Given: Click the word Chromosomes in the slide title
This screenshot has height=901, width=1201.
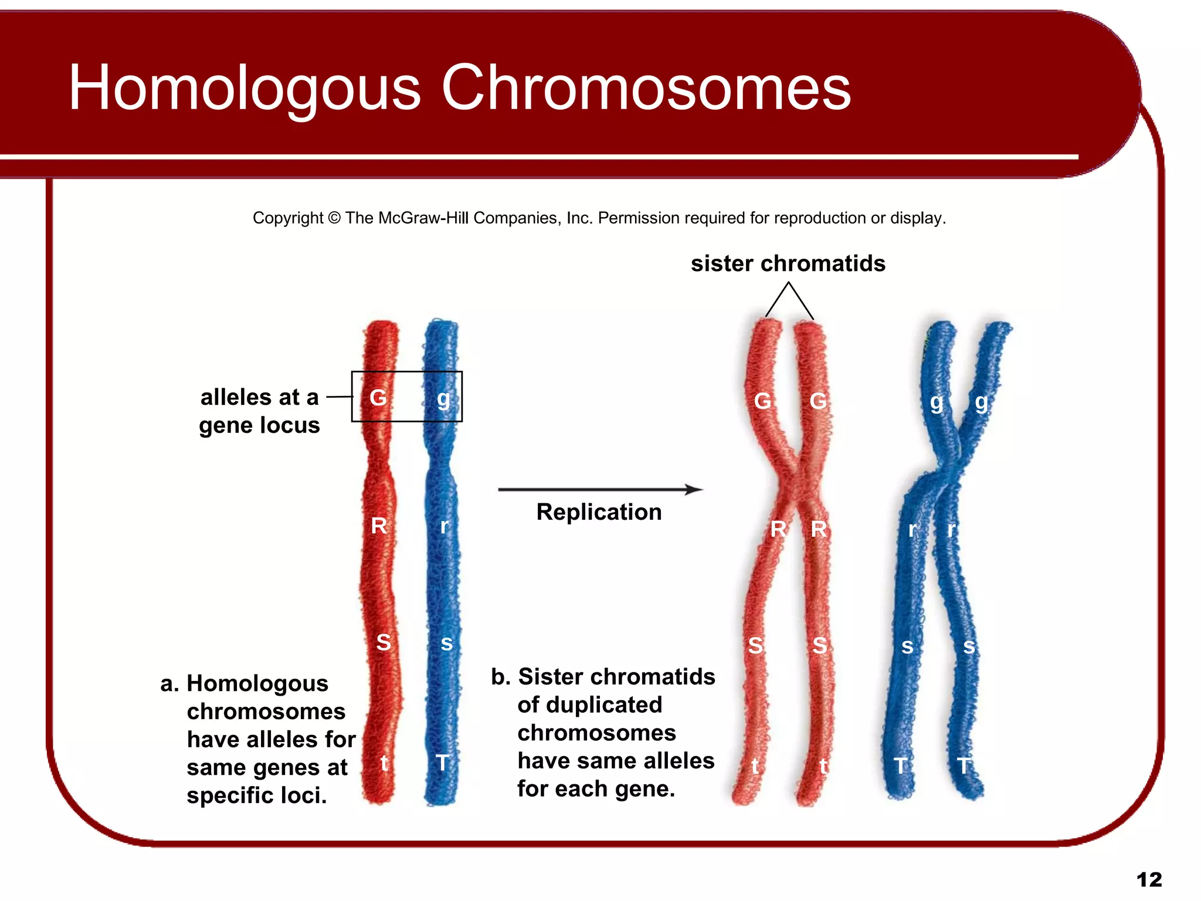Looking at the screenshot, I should click(646, 88).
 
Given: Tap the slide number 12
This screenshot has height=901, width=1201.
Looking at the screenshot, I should click(1149, 879).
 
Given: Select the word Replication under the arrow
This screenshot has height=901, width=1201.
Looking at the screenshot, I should click(599, 512).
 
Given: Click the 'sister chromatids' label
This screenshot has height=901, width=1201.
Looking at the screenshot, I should click(788, 263).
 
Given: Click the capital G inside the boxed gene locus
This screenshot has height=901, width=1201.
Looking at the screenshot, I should click(378, 398).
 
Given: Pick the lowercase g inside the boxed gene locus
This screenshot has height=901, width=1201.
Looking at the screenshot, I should click(443, 399).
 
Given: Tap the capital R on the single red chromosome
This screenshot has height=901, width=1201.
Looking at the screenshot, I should click(379, 526).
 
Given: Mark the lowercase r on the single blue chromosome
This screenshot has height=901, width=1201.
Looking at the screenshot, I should click(445, 526).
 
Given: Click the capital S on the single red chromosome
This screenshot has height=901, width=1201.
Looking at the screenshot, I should click(384, 642).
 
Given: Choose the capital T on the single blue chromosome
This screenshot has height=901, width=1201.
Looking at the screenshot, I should click(443, 763).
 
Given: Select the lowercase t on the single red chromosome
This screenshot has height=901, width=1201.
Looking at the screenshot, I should click(384, 763).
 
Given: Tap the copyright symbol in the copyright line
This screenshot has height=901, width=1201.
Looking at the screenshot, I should click(334, 218).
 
